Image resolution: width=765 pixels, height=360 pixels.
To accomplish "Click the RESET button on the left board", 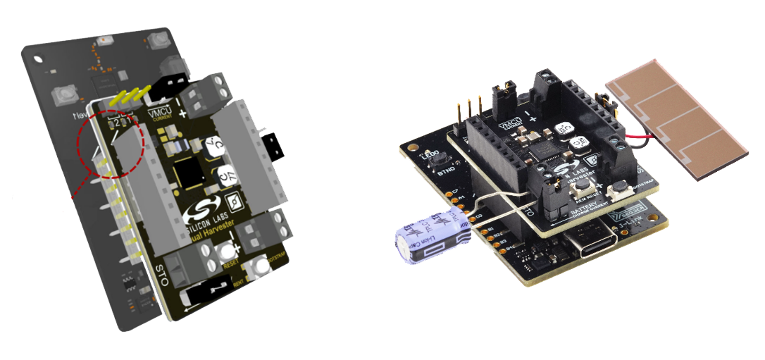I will [227, 253].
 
